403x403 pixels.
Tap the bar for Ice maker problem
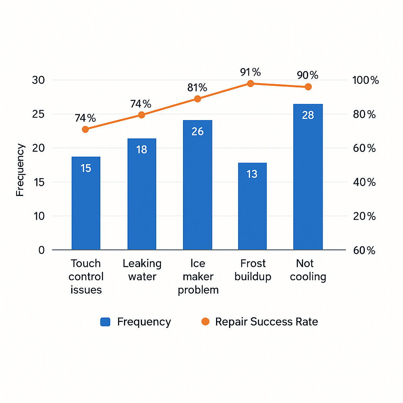pyautogui.click(x=198, y=185)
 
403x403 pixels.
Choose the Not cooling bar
pyautogui.click(x=308, y=177)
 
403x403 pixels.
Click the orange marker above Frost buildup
pyautogui.click(x=250, y=83)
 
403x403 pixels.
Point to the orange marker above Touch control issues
pyautogui.click(x=85, y=129)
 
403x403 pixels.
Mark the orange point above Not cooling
pyautogui.click(x=308, y=87)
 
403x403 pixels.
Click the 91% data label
pyautogui.click(x=251, y=72)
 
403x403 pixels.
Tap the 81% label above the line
pyautogui.click(x=197, y=87)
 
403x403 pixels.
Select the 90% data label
pyautogui.click(x=308, y=75)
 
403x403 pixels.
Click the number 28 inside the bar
pyautogui.click(x=308, y=115)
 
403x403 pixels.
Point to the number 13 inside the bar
pyautogui.click(x=252, y=174)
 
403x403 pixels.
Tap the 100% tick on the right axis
pyautogui.click(x=366, y=81)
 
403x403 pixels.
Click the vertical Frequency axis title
pyautogui.click(x=20, y=170)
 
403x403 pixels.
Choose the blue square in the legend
pyautogui.click(x=105, y=322)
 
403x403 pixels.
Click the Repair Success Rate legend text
pyautogui.click(x=266, y=322)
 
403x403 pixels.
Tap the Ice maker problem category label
pyautogui.click(x=198, y=277)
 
